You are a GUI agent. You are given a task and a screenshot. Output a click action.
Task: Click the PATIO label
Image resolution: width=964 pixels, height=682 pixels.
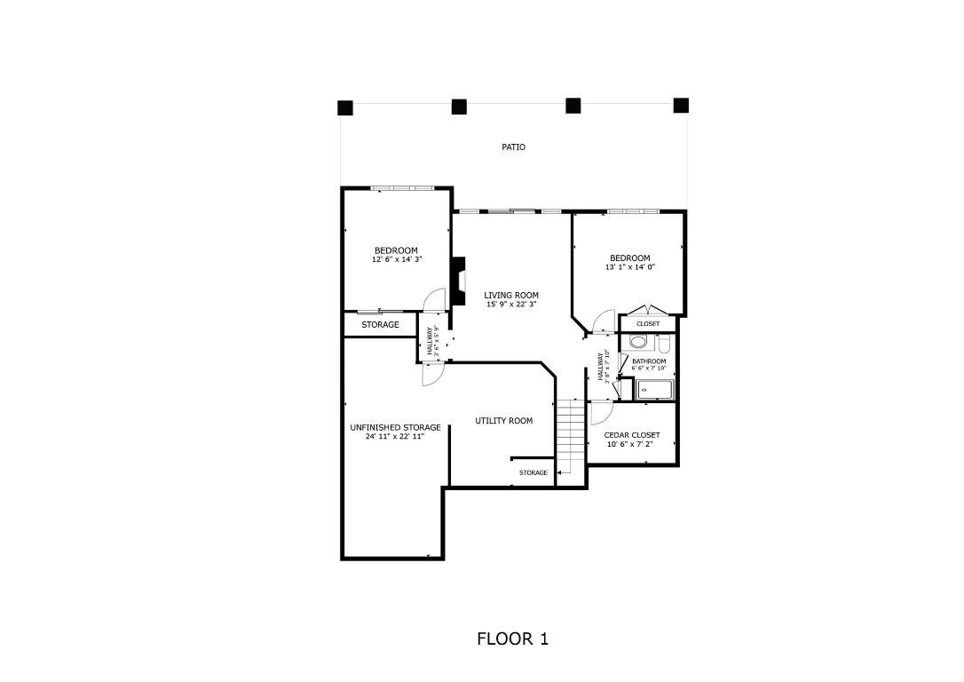pos(513,147)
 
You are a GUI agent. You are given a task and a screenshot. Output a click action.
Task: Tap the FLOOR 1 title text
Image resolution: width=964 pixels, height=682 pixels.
pos(512,638)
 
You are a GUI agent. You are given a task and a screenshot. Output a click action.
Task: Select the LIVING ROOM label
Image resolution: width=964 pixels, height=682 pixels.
pos(510,296)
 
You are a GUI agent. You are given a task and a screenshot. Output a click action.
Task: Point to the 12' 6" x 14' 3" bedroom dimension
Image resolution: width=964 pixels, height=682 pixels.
pos(396,259)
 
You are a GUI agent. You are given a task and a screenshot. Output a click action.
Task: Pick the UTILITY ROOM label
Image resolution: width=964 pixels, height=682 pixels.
pos(503,421)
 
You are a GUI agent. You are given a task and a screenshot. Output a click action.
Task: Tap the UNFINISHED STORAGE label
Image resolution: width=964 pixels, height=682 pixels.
pos(395,427)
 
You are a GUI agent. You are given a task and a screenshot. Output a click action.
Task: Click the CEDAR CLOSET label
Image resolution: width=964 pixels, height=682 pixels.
pos(631,435)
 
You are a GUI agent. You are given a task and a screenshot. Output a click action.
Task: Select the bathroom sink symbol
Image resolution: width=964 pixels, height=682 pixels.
pos(644,390)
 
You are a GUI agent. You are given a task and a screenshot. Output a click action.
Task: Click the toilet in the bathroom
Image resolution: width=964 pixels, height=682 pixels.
pos(638,342)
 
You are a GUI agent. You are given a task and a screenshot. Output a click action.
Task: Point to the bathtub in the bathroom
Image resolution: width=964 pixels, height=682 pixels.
pos(655,390)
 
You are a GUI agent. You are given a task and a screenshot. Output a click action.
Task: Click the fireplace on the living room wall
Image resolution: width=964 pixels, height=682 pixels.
pos(459,282)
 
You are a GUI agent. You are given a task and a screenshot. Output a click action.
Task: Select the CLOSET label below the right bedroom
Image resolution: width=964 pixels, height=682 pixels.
pos(648,324)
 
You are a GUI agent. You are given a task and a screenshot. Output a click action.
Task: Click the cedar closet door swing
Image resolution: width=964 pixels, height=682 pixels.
pos(599,412)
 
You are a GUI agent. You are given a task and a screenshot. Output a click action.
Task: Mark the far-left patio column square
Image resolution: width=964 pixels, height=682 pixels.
pos(345,108)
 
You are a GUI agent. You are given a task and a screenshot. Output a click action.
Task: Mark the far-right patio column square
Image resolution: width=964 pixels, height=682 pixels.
pos(681,107)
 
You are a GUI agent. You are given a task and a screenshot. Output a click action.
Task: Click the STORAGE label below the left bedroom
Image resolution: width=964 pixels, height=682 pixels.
pos(380,325)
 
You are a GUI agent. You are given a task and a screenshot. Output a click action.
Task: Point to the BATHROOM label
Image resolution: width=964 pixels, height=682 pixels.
pos(649,361)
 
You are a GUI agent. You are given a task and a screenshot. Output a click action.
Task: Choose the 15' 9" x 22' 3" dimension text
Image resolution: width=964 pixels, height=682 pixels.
pos(510,305)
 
